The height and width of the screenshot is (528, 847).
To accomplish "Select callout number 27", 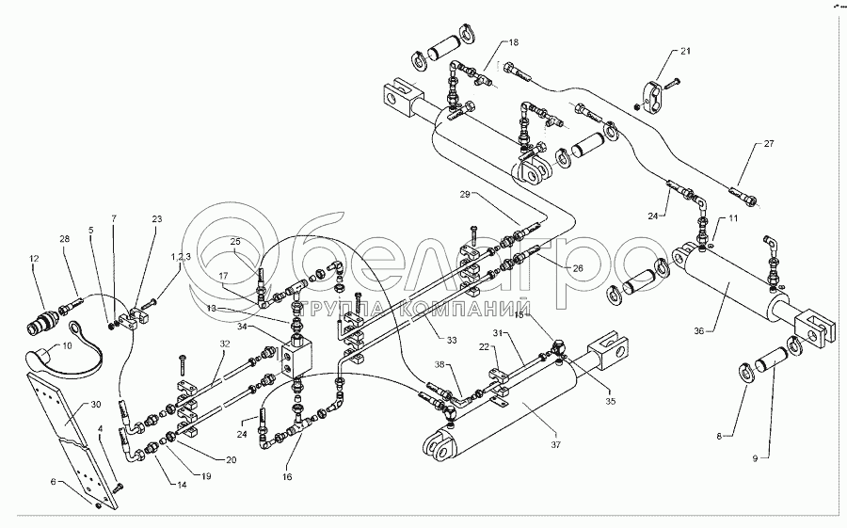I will (768, 144).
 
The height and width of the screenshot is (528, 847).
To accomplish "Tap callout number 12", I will (34, 259).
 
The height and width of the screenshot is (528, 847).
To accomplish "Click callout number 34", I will (245, 327).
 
